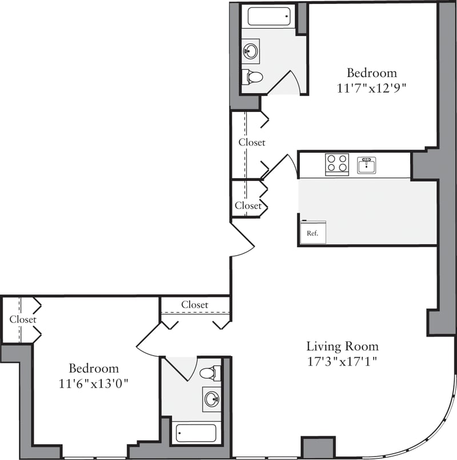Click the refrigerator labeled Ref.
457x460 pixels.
tap(313, 232)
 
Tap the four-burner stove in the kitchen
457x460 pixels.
tap(337, 163)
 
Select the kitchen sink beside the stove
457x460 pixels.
tap(367, 166)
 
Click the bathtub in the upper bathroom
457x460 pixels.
tap(269, 16)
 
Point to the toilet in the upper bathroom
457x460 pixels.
tap(252, 76)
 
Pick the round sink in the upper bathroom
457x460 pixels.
tap(251, 50)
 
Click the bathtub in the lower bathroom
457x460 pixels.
tap(196, 433)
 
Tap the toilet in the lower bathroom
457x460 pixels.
tap(210, 373)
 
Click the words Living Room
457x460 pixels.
tap(342, 346)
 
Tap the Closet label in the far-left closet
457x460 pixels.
tap(23, 320)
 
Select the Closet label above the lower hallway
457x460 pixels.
tap(195, 305)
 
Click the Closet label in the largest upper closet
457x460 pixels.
tap(252, 142)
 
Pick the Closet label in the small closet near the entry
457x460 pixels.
tap(248, 205)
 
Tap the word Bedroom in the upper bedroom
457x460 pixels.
tap(372, 73)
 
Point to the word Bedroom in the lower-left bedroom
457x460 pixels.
tap(94, 368)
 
